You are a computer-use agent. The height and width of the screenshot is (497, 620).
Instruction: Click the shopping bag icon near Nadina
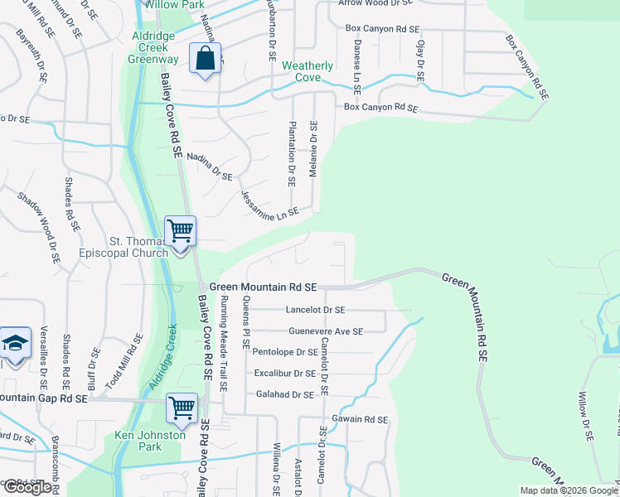(x=204, y=60)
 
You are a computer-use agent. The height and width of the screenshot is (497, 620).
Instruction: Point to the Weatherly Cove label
(x=308, y=71)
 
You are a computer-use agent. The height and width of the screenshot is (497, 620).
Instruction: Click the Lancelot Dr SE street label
(x=314, y=310)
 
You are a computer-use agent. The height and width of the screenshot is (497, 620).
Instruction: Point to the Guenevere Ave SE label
(x=326, y=331)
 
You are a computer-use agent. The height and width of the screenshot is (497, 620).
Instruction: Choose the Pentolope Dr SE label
(x=284, y=352)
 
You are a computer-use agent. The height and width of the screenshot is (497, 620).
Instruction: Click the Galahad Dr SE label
(x=285, y=395)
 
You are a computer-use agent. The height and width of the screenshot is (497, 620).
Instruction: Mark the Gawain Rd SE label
(x=359, y=420)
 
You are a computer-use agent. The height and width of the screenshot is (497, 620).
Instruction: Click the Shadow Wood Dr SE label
(x=39, y=226)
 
